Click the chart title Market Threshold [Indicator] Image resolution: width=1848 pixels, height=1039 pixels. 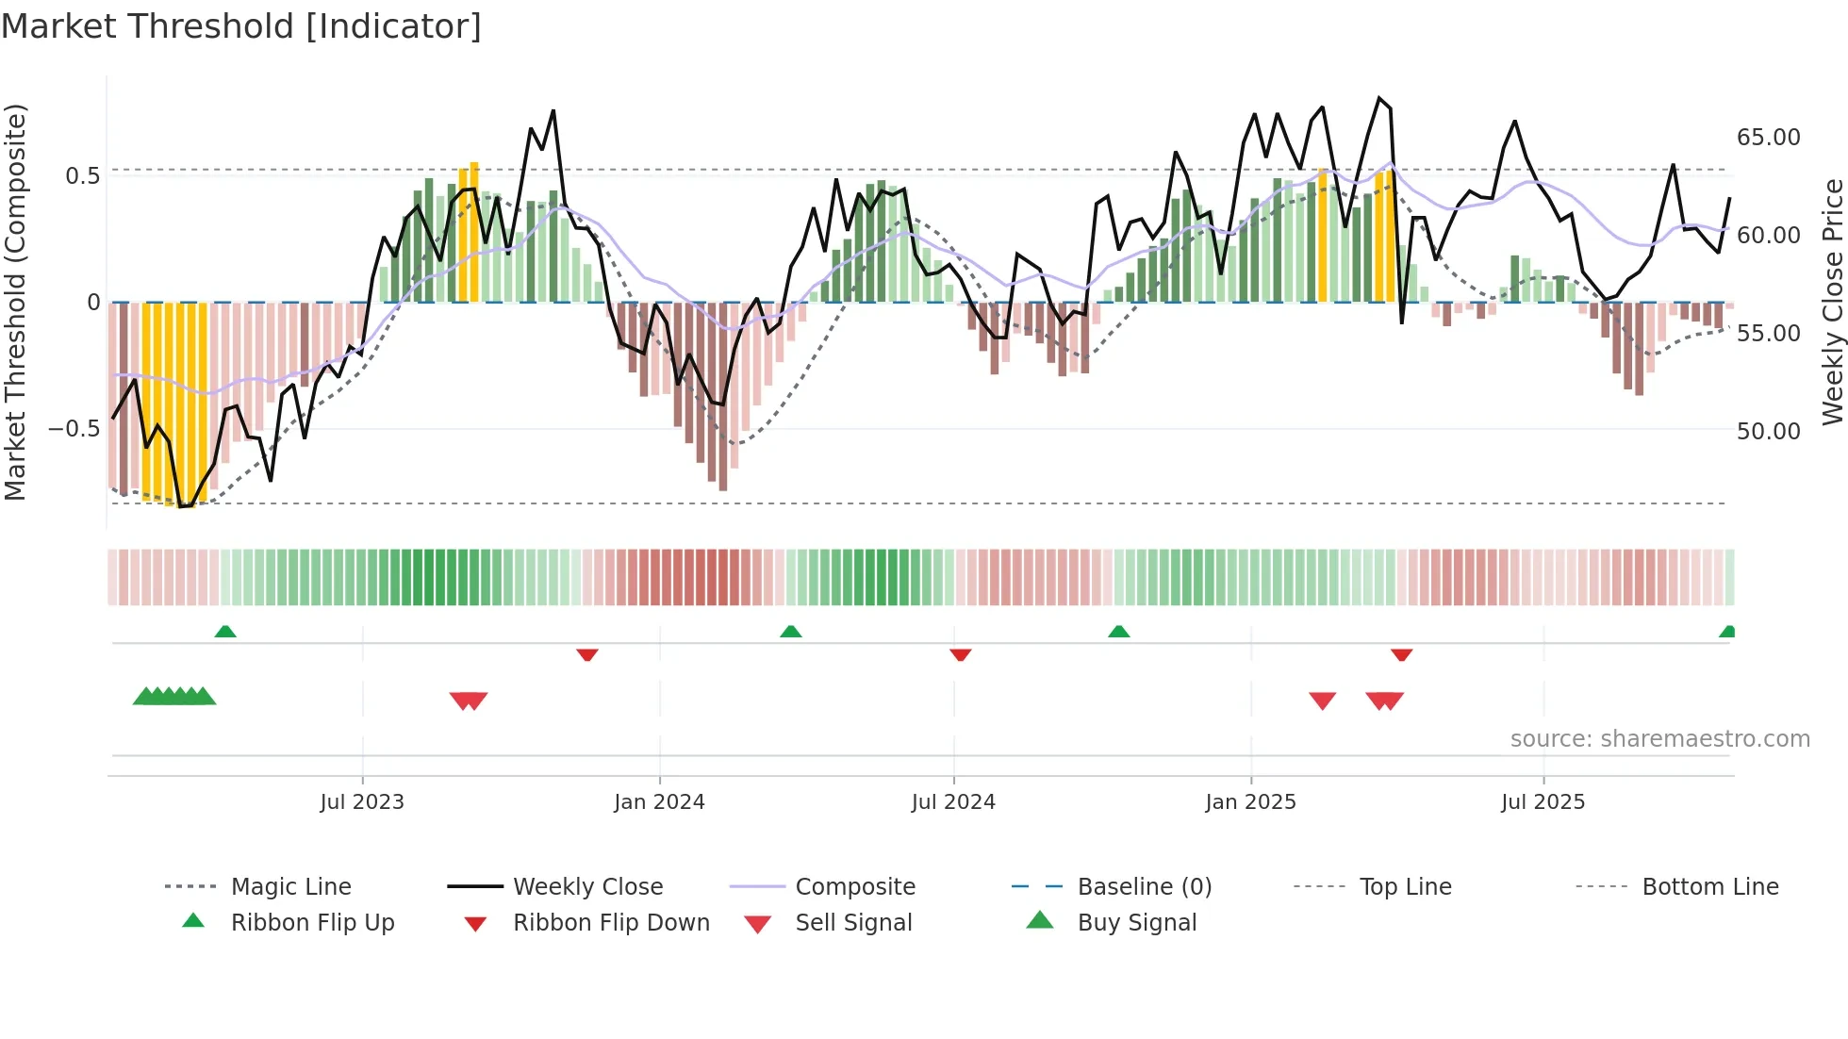[241, 26]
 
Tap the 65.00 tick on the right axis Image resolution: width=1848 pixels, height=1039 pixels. [1768, 138]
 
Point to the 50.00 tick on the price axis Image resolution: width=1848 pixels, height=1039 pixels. [1768, 432]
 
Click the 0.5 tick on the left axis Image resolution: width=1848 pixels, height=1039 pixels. [82, 176]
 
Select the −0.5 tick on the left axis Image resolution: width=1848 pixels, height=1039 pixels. [74, 429]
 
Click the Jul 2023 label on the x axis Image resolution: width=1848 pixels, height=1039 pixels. [361, 802]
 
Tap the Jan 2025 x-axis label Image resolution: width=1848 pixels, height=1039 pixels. [1250, 802]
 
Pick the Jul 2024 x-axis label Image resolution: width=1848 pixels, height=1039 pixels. [952, 802]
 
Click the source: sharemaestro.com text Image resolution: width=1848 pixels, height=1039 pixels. [1659, 739]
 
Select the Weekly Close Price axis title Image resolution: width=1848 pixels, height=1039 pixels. [1832, 302]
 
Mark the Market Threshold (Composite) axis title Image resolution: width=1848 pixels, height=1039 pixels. [15, 302]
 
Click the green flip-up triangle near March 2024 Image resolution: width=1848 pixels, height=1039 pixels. [791, 632]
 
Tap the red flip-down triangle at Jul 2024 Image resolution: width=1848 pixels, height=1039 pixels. [961, 654]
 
